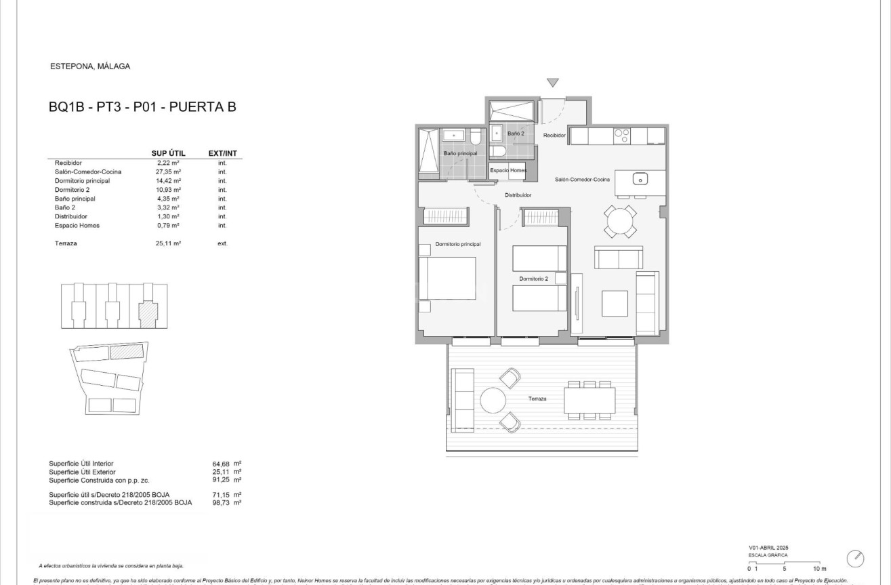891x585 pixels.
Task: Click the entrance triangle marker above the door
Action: [553, 83]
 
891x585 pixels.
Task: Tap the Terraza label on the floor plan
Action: [537, 399]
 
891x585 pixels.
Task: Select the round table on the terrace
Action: [493, 400]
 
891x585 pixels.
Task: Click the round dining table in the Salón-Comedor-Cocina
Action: [621, 221]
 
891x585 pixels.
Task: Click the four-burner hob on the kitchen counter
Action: [622, 136]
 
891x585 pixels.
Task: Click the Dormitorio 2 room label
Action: [533, 279]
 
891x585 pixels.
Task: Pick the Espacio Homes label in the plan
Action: [508, 171]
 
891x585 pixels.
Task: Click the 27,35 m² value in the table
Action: [168, 172]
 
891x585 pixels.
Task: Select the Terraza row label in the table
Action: [66, 243]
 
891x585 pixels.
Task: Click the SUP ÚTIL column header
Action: [168, 153]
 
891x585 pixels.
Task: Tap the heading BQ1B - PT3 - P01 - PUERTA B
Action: [142, 106]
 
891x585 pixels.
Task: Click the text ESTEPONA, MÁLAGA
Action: [90, 66]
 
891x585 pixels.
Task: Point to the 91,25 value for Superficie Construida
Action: [222, 480]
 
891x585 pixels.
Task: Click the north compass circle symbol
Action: [856, 559]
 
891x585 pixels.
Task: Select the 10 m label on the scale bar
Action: [820, 569]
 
